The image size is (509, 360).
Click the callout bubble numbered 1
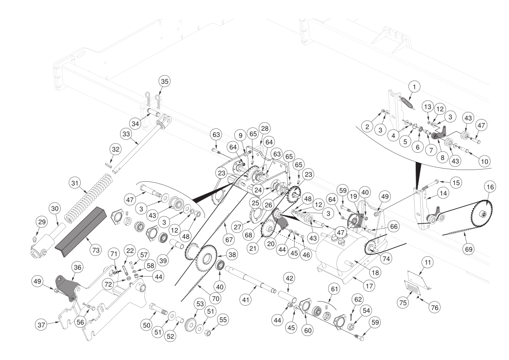click(414, 87)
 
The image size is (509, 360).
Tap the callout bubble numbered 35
click(165, 81)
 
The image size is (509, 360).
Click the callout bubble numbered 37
click(41, 324)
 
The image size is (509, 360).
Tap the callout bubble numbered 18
click(375, 272)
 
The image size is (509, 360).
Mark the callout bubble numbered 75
click(403, 302)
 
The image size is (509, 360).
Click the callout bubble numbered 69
click(468, 249)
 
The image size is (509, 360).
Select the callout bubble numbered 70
click(216, 298)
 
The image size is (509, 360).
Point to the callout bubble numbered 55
click(223, 320)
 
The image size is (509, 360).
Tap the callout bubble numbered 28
click(265, 128)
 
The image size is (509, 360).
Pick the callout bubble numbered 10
click(484, 161)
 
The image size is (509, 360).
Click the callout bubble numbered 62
click(358, 299)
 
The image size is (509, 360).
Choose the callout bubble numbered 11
click(428, 262)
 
